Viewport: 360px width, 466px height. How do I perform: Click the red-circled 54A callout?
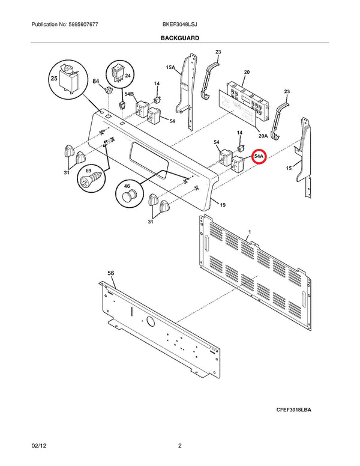[x=259, y=156]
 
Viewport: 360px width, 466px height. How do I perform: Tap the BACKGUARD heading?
[x=180, y=38]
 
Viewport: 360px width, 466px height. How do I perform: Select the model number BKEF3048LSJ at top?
[x=180, y=25]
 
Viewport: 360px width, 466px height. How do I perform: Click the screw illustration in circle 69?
[x=91, y=179]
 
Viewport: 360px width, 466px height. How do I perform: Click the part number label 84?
[x=95, y=81]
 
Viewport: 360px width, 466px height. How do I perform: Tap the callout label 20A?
[x=263, y=136]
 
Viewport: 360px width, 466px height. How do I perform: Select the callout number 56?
[x=110, y=273]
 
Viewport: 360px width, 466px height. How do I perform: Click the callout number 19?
[x=223, y=205]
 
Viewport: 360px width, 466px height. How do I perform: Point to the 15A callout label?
[x=170, y=67]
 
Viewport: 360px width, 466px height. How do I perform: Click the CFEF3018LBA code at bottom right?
[x=294, y=410]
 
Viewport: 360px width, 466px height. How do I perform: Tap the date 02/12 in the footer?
[x=39, y=446]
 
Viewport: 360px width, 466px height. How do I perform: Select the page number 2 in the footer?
[x=180, y=446]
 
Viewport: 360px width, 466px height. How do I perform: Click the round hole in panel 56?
[x=150, y=321]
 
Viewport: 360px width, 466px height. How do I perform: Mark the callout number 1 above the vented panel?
[x=250, y=232]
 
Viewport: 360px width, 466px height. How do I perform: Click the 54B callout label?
[x=129, y=94]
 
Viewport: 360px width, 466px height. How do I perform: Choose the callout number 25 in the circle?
[x=54, y=79]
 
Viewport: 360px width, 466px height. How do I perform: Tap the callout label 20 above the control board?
[x=247, y=72]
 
